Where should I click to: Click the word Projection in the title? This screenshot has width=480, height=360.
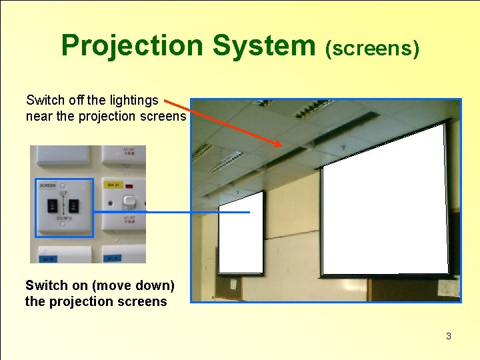pyautogui.click(x=132, y=46)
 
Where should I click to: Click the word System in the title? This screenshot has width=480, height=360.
pyautogui.click(x=263, y=46)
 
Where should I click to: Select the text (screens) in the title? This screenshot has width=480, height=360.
pyautogui.click(x=372, y=48)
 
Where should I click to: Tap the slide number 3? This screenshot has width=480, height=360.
pyautogui.click(x=449, y=336)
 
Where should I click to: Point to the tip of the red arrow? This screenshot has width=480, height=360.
pyautogui.click(x=281, y=146)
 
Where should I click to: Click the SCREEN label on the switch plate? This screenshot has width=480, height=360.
pyautogui.click(x=48, y=185)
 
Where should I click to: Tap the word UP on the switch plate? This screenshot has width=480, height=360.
pyautogui.click(x=63, y=193)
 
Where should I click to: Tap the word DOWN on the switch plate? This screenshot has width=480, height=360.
pyautogui.click(x=64, y=219)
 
